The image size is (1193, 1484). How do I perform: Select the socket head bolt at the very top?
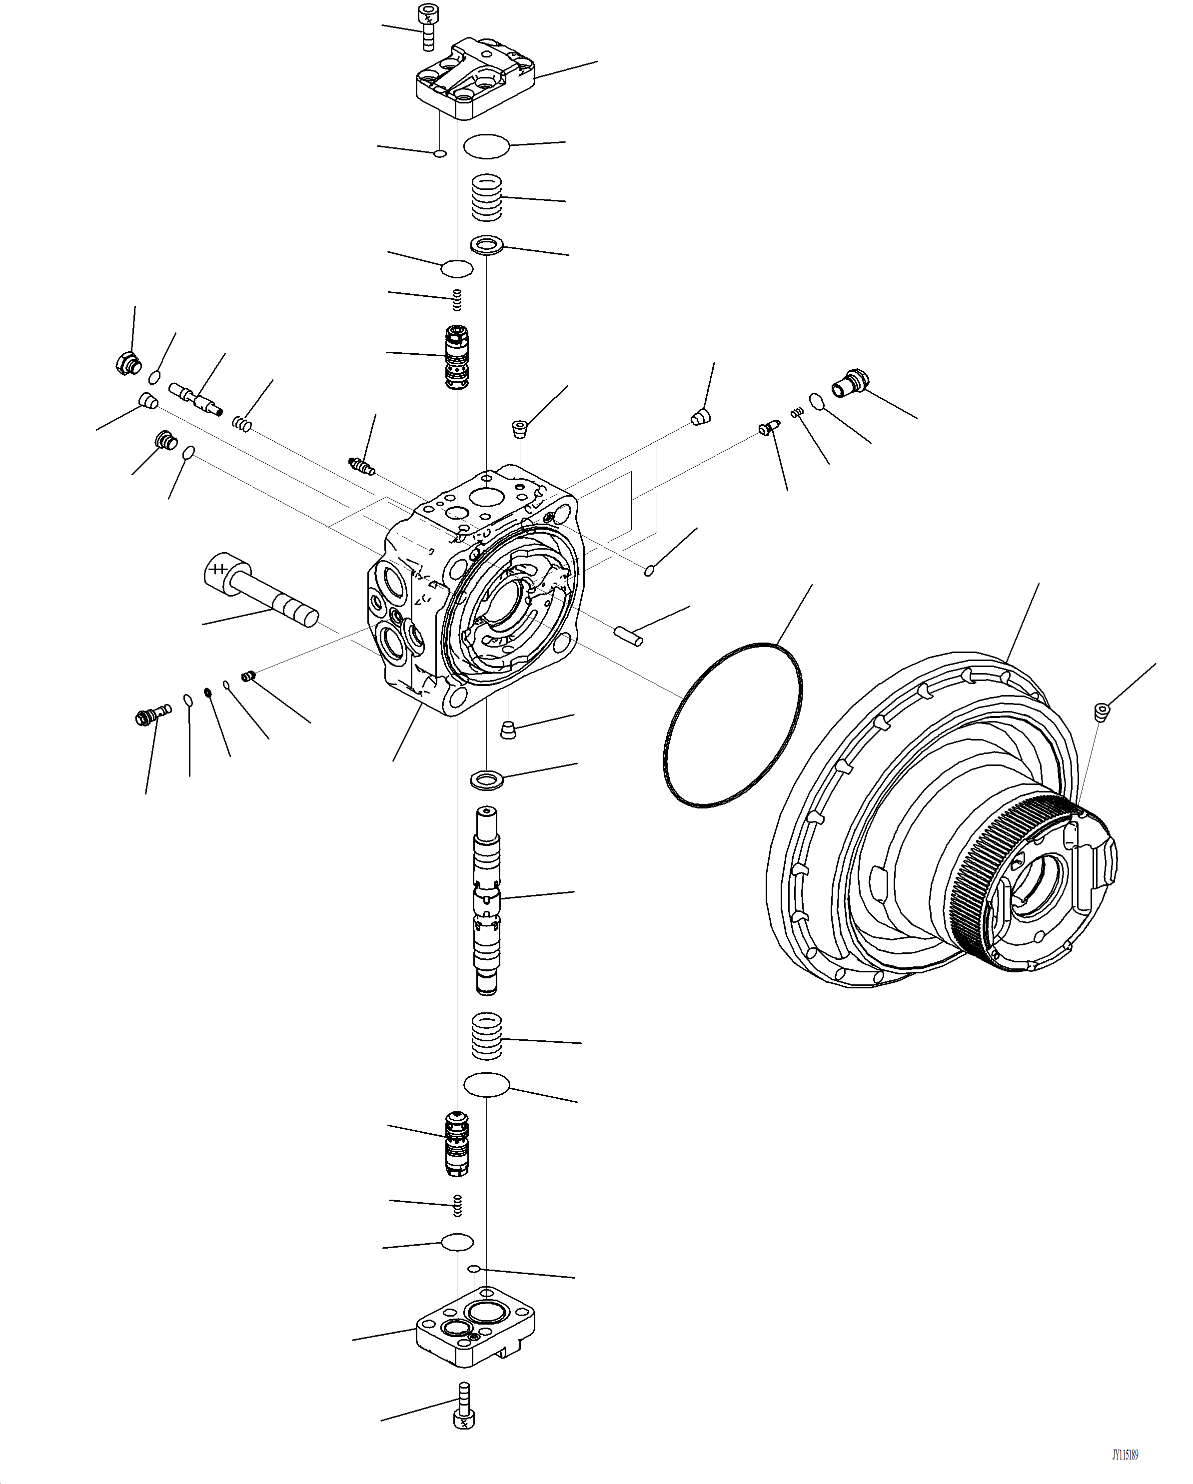pyautogui.click(x=427, y=26)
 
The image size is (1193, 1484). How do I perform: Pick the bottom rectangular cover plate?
pyautogui.click(x=475, y=1332)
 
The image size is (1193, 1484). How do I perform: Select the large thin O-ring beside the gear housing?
pyautogui.click(x=732, y=725)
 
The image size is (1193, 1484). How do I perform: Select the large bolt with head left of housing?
pyautogui.click(x=258, y=592)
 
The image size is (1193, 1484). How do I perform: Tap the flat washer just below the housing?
pyautogui.click(x=487, y=780)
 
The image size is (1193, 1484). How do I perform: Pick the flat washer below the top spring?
pyautogui.click(x=487, y=244)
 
